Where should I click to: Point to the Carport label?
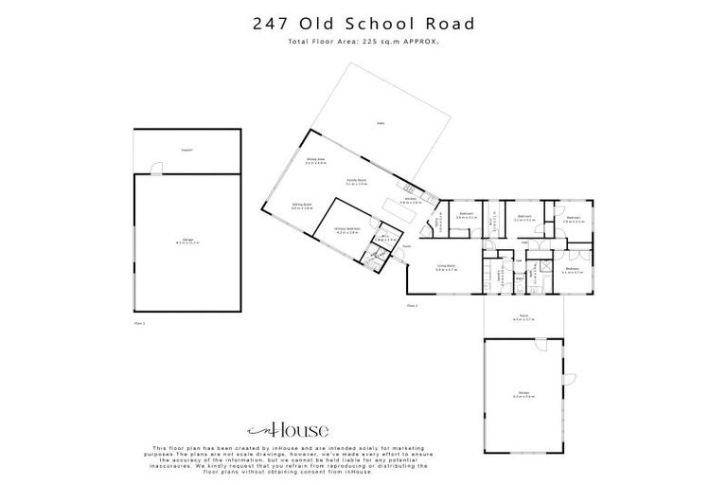click(x=187, y=151)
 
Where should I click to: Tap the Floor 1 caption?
click(x=139, y=322)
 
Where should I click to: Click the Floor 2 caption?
click(x=412, y=306)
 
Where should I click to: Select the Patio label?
click(x=380, y=123)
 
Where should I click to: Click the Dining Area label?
click(x=315, y=161)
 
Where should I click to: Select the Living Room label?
click(x=446, y=268)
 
